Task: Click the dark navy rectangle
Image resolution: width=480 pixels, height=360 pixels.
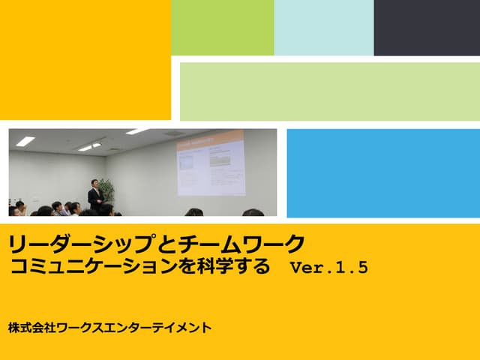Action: point(427,28)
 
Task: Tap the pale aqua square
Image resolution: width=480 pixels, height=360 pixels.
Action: point(324,28)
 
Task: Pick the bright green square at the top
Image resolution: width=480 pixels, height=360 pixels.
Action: point(223,28)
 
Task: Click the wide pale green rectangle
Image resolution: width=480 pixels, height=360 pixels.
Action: point(330,91)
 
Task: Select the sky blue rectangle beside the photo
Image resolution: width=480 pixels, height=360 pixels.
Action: point(383,172)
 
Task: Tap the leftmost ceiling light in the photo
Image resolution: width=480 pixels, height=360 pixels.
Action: point(25,141)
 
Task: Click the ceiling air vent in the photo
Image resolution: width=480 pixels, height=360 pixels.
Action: point(173,133)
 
